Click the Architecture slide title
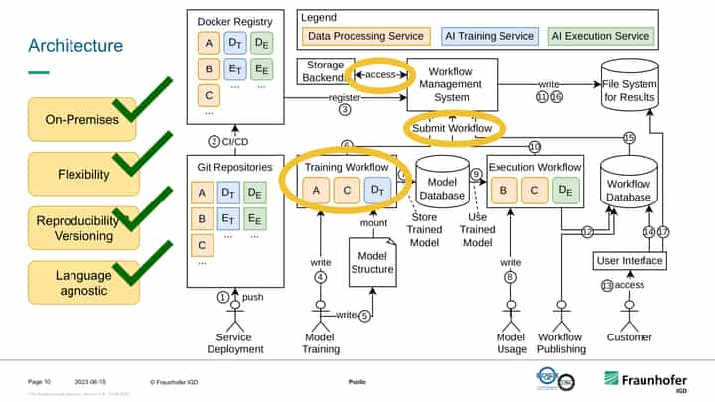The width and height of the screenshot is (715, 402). click(x=75, y=45)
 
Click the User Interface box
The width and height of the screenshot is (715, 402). click(x=630, y=261)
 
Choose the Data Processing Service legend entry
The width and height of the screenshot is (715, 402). click(x=366, y=36)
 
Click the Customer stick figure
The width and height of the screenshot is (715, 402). click(x=630, y=316)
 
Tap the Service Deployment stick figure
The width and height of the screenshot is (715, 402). click(x=234, y=316)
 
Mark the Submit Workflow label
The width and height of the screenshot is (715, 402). click(x=452, y=128)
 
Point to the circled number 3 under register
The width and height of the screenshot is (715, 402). click(x=345, y=110)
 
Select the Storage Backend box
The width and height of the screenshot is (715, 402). click(x=321, y=71)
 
